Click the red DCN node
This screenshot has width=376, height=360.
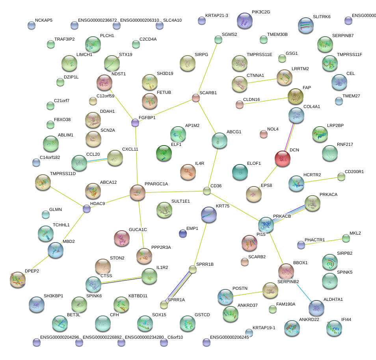(282, 159)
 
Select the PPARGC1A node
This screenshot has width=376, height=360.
(138, 192)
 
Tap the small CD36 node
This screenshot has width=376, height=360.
(207, 191)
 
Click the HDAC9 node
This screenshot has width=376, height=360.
(87, 209)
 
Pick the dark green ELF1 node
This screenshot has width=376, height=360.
(164, 153)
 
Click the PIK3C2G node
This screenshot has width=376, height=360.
(245, 21)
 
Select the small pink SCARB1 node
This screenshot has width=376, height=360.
(195, 97)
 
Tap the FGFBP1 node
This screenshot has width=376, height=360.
(135, 123)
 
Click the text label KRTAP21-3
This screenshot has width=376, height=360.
(217, 15)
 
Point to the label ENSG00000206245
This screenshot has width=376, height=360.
(229, 338)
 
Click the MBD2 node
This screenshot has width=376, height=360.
(55, 250)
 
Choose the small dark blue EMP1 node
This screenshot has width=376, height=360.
(183, 234)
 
